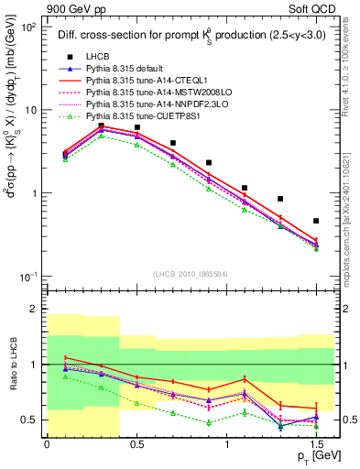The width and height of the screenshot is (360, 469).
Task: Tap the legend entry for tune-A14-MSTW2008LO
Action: click(146, 93)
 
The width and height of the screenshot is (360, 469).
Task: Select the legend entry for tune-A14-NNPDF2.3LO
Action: click(146, 104)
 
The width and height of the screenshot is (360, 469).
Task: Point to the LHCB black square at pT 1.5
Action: click(316, 221)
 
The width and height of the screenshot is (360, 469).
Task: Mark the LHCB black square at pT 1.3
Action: click(280, 199)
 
